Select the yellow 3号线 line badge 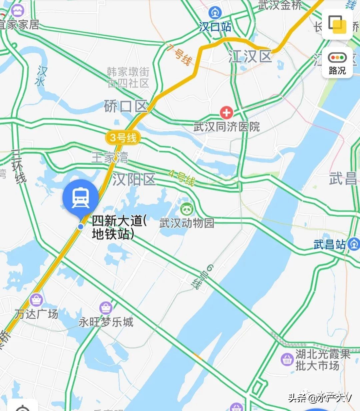tap(123, 138)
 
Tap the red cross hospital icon tap(226, 113)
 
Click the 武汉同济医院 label tap(226, 127)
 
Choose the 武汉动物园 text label tap(187, 223)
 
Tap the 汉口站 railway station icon tap(215, 13)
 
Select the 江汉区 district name tap(250, 57)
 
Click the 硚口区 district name tap(125, 107)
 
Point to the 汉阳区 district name tap(134, 179)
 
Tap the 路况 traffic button tap(337, 63)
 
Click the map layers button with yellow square tap(337, 24)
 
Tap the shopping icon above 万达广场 tap(36, 300)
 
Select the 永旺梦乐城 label tap(106, 322)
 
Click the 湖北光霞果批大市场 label tap(322, 360)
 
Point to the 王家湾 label tap(110, 157)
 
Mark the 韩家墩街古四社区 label tap(128, 77)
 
